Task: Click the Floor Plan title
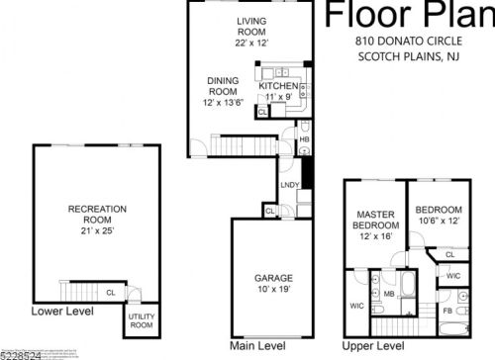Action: pyautogui.click(x=408, y=15)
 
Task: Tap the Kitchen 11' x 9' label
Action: pyautogui.click(x=278, y=91)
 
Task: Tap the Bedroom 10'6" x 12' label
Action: pyautogui.click(x=438, y=216)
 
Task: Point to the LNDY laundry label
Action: pyautogui.click(x=290, y=185)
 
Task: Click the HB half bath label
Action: pyautogui.click(x=305, y=139)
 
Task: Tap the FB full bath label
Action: pyautogui.click(x=447, y=312)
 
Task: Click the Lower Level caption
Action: pyautogui.click(x=62, y=311)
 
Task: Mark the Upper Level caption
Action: pyautogui.click(x=373, y=345)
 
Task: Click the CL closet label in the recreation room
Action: pyautogui.click(x=110, y=292)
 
